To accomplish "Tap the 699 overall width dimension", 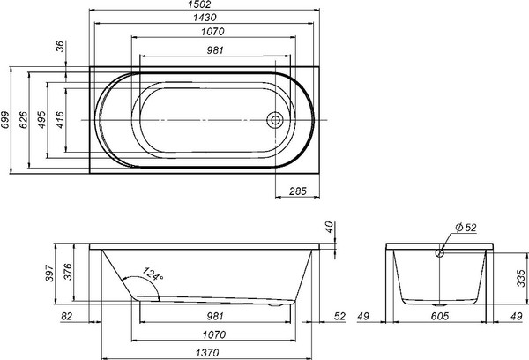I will (6, 120).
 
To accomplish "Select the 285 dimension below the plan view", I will (297, 190).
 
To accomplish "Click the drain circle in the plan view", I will (276, 119).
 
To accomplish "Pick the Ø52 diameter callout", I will (466, 229).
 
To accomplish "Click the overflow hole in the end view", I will (437, 254).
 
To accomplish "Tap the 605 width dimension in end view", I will (438, 317).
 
